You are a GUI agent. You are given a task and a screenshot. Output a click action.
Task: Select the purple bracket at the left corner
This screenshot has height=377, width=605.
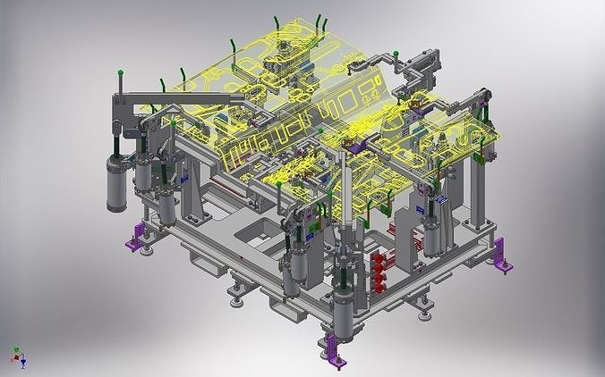pos(138,236)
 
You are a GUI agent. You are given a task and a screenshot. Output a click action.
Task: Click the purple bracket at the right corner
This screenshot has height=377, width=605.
pos(501,254)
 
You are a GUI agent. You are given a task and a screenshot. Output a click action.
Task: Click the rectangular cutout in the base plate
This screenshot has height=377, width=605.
pos(248,239)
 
